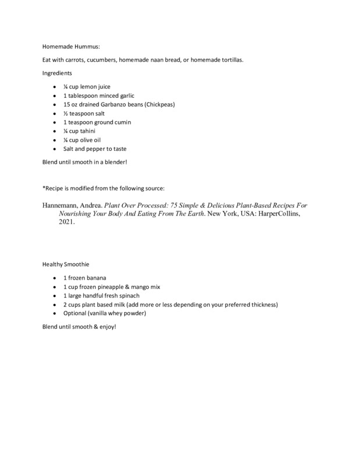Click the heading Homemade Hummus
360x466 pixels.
coord(66,48)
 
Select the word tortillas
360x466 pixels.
coord(230,61)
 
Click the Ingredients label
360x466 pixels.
coord(57,73)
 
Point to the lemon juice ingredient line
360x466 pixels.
coord(87,87)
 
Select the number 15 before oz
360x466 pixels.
coord(67,104)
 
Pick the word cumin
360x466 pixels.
coord(121,122)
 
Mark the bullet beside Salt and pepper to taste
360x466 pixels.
coord(54,149)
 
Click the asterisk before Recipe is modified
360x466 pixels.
coord(44,188)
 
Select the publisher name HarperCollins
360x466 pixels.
coord(283,214)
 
